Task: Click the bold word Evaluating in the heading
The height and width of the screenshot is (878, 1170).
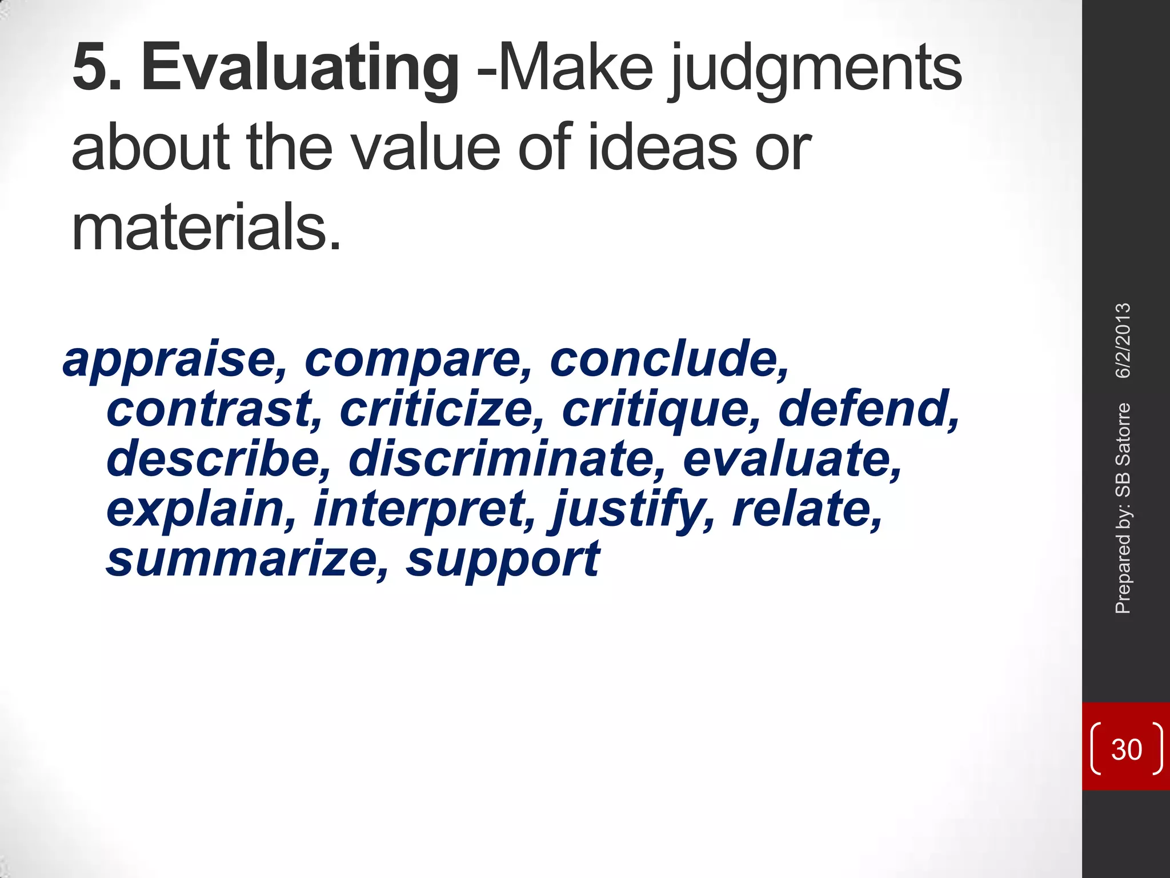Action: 300,70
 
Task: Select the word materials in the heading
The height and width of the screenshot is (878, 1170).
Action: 206,228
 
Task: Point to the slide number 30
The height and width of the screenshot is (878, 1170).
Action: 1126,749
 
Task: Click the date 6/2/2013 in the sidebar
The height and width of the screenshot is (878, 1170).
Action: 1123,341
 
